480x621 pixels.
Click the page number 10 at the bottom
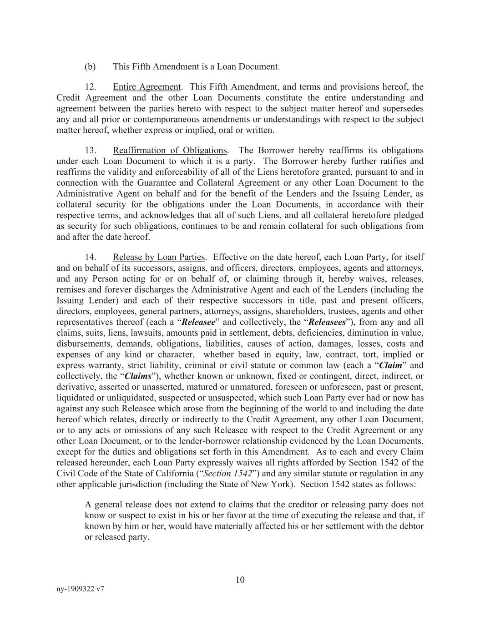240,580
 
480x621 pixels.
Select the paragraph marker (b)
90,66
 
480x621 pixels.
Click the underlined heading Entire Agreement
147,87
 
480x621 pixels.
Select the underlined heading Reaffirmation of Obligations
170,150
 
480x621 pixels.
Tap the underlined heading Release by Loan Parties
159,257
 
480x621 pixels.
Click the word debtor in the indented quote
411,526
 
